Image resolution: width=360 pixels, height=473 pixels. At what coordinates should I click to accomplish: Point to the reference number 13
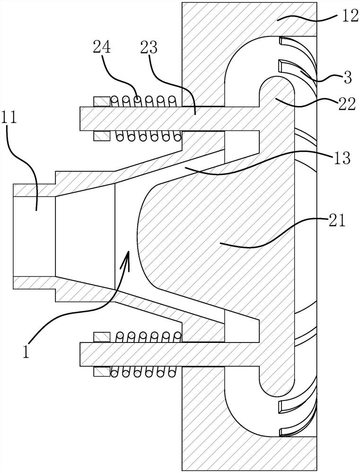click(x=343, y=157)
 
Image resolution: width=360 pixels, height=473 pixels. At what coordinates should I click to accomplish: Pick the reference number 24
click(x=102, y=48)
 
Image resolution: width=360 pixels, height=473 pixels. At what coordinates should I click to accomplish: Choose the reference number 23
click(x=149, y=48)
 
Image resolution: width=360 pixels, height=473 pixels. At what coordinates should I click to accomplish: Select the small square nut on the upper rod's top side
click(x=101, y=101)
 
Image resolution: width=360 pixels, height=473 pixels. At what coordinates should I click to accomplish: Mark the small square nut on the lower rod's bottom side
click(x=101, y=372)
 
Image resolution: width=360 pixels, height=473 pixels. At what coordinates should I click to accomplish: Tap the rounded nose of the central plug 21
click(x=138, y=237)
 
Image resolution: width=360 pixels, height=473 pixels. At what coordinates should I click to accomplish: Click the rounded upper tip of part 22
click(x=276, y=77)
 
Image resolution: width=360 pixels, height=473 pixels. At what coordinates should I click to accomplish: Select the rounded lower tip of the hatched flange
click(x=276, y=396)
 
